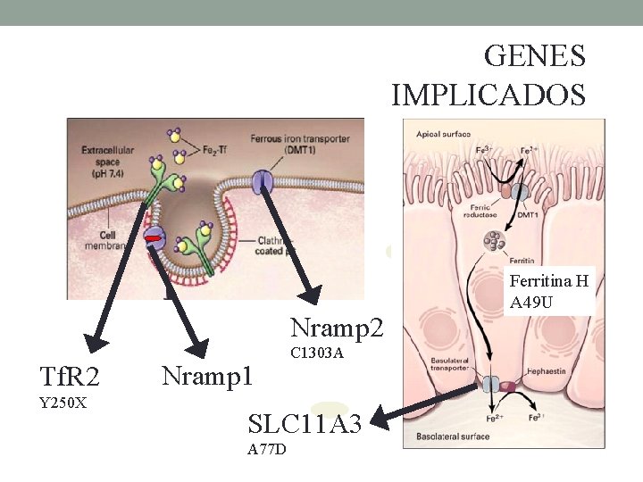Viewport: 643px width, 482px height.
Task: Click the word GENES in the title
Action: coord(534,56)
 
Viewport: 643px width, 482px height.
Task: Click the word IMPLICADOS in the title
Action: coord(489,93)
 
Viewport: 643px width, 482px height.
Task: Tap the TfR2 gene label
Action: coord(70,377)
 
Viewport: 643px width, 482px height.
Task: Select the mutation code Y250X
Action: coord(63,403)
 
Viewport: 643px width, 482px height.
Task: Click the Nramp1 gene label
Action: coord(207,375)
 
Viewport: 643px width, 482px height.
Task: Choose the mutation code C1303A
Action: coord(317,353)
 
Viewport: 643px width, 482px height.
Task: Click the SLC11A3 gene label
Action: coord(305,425)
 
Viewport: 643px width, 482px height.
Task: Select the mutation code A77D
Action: coord(267,449)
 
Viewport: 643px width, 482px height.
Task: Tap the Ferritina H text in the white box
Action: coord(548,282)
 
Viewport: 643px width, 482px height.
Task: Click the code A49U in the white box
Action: coord(530,303)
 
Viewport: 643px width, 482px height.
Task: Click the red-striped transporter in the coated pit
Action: coord(154,238)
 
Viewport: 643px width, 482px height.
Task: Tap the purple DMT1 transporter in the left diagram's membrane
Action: coord(263,181)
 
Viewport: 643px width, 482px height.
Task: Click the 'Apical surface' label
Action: coord(443,134)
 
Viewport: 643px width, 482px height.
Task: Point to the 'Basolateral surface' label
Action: coord(451,437)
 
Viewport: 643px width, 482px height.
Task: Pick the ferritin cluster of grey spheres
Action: coord(492,242)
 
